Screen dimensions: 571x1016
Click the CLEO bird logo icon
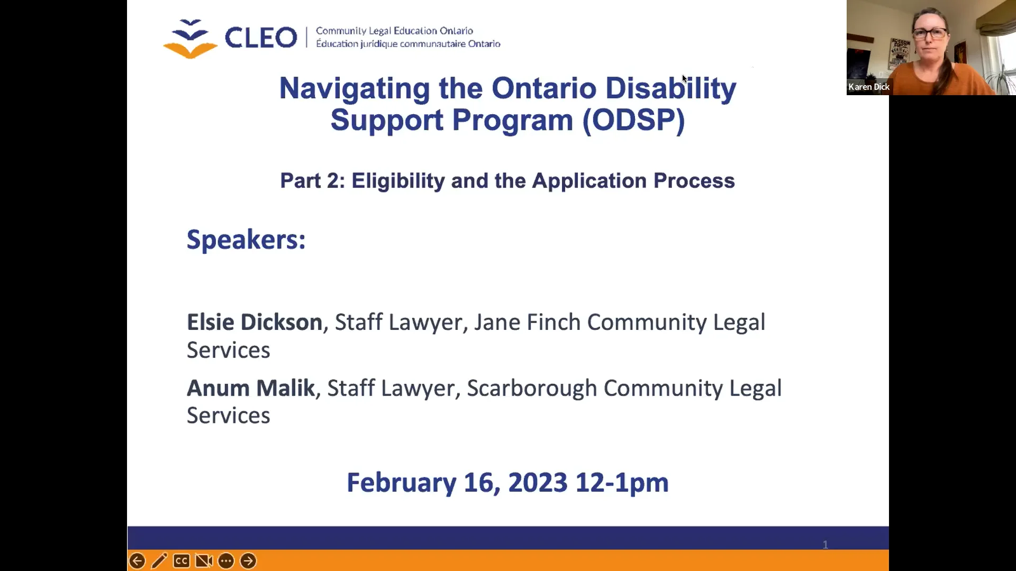pyautogui.click(x=190, y=39)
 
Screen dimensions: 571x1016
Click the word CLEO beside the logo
pyautogui.click(x=261, y=38)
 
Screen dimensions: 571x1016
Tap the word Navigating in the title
pyautogui.click(x=354, y=88)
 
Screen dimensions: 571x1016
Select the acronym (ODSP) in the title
pyautogui.click(x=633, y=121)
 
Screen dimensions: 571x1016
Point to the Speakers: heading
pyautogui.click(x=246, y=240)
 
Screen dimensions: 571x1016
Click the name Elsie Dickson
pyautogui.click(x=255, y=322)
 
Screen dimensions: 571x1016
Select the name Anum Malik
pyautogui.click(x=251, y=388)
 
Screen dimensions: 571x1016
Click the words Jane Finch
pyautogui.click(x=527, y=322)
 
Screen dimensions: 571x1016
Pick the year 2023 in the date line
pyautogui.click(x=538, y=482)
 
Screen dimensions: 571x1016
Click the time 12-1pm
pyautogui.click(x=622, y=482)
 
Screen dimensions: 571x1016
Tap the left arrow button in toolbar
pyautogui.click(x=137, y=561)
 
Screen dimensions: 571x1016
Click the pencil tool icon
pyautogui.click(x=159, y=561)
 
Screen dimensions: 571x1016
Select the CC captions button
pyautogui.click(x=182, y=561)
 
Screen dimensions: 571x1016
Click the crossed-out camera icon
pyautogui.click(x=204, y=561)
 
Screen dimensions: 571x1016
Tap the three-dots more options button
pyautogui.click(x=226, y=561)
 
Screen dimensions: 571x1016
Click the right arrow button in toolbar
pyautogui.click(x=248, y=561)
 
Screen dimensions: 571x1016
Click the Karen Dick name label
pyautogui.click(x=868, y=87)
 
